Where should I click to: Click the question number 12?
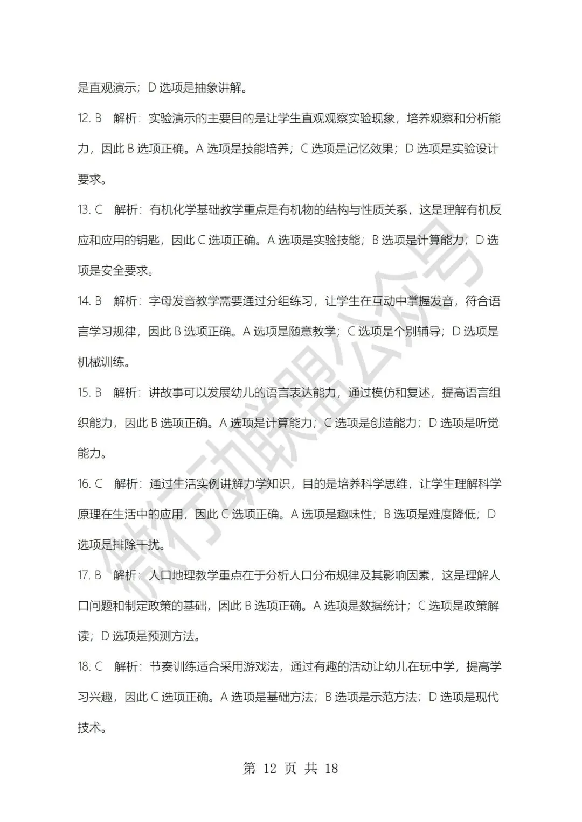(84, 118)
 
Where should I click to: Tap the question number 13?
(84, 210)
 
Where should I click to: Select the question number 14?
(84, 301)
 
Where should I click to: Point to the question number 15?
(84, 392)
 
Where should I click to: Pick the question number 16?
(84, 484)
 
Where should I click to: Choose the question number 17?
(84, 575)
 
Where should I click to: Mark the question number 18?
(84, 667)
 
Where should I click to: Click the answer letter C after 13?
(99, 210)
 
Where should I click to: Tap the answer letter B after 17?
(98, 575)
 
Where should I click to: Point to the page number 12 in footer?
(268, 768)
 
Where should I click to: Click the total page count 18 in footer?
(331, 768)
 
